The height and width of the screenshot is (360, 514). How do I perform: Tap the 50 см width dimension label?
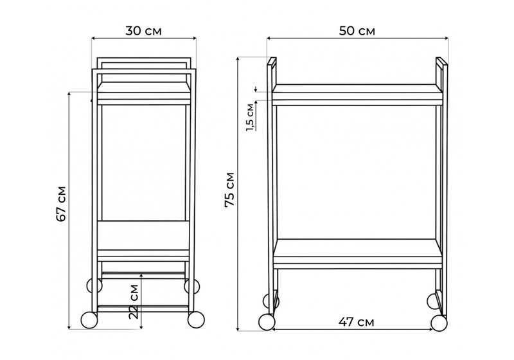357,31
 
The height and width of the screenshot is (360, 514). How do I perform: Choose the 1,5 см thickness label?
250,118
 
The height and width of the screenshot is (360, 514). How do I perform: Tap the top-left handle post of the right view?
271,72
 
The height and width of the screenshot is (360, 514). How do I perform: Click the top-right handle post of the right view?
441,72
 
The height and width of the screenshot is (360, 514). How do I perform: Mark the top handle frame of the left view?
143,63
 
